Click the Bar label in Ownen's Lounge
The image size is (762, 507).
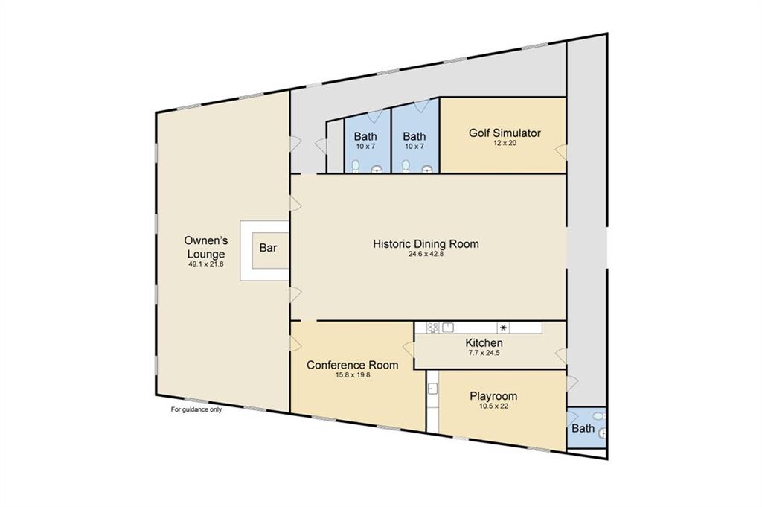(268, 248)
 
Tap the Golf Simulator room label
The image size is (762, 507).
(505, 133)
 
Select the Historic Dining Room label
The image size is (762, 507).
(426, 243)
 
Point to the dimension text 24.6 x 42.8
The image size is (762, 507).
(426, 253)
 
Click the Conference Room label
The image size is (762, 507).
(352, 365)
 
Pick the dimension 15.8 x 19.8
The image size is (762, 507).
(353, 374)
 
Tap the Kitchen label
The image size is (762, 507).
(484, 343)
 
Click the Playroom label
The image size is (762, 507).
(493, 395)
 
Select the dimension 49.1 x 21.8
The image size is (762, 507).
(206, 264)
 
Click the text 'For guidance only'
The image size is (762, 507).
(196, 409)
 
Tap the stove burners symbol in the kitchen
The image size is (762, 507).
(432, 328)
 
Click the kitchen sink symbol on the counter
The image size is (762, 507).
(447, 328)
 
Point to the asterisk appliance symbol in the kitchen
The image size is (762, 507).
(504, 328)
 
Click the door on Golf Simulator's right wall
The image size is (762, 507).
(561, 152)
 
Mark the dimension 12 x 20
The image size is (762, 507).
(505, 143)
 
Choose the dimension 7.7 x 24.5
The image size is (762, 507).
(484, 353)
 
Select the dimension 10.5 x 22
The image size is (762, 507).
(494, 406)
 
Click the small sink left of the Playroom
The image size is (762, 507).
(433, 389)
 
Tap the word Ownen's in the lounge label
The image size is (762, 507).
(206, 240)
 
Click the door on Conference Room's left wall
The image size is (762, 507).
(295, 344)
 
